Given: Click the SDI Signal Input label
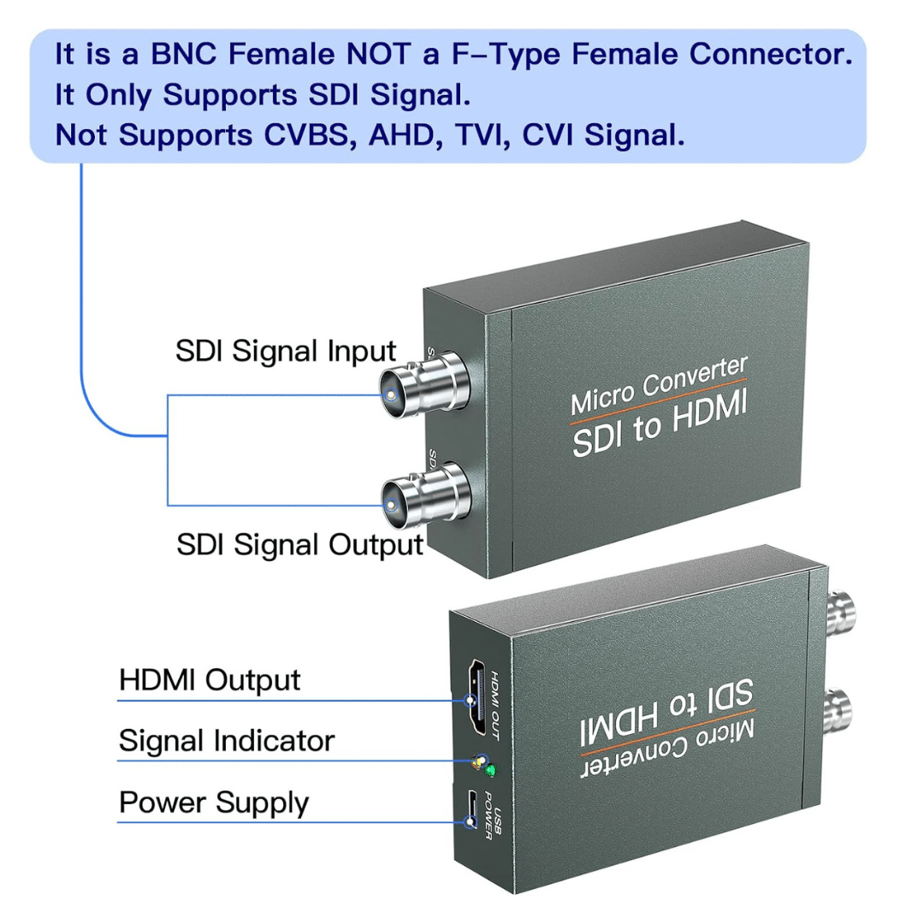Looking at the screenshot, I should [286, 351].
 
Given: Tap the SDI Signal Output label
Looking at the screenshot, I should [299, 544].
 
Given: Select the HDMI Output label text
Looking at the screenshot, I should [210, 680].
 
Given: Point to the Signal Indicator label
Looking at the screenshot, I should [227, 741].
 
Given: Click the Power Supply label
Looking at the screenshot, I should [213, 803].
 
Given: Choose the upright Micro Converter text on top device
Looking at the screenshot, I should [658, 383].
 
